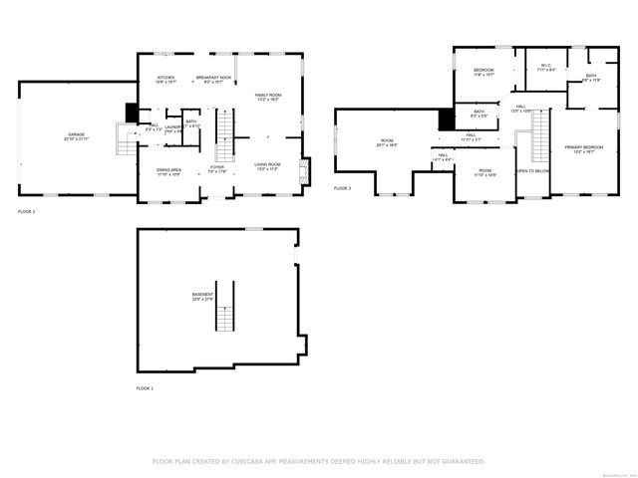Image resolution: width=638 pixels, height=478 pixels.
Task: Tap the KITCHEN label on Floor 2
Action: [165, 78]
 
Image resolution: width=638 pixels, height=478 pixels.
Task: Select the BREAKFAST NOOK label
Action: [213, 78]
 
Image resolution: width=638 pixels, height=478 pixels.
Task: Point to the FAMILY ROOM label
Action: [267, 95]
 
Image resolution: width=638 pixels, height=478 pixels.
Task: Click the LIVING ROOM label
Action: [267, 164]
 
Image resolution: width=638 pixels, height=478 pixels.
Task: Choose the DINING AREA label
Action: [168, 170]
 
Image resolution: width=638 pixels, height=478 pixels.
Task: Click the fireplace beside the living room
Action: [306, 167]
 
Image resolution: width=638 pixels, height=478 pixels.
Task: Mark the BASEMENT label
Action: [202, 295]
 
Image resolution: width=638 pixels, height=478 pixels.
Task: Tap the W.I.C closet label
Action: [545, 67]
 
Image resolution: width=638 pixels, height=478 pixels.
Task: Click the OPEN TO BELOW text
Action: [532, 171]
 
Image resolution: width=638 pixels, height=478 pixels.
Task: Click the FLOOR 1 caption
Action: [146, 387]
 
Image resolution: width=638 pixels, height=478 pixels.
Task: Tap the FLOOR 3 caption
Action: [342, 188]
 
